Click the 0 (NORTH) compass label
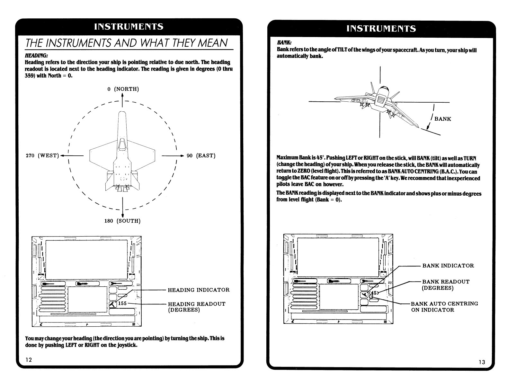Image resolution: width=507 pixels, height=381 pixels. [123, 89]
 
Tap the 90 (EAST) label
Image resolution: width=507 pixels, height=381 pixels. [201, 156]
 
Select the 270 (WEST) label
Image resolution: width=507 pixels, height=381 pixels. [42, 156]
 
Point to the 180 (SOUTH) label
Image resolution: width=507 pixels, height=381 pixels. [122, 221]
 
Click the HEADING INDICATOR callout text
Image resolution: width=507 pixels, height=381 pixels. [199, 290]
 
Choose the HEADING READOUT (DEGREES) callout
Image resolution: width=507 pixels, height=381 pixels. [197, 307]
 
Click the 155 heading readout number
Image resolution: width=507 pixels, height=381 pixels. [123, 303]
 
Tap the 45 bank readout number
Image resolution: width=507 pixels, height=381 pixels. [374, 293]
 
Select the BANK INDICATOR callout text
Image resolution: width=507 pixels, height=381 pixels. [448, 266]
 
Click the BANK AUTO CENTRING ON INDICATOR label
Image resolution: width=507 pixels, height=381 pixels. [444, 307]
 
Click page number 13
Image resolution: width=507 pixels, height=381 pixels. [482, 362]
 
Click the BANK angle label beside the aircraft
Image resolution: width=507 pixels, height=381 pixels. [443, 119]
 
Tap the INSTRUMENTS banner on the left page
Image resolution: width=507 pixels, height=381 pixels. [129, 27]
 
